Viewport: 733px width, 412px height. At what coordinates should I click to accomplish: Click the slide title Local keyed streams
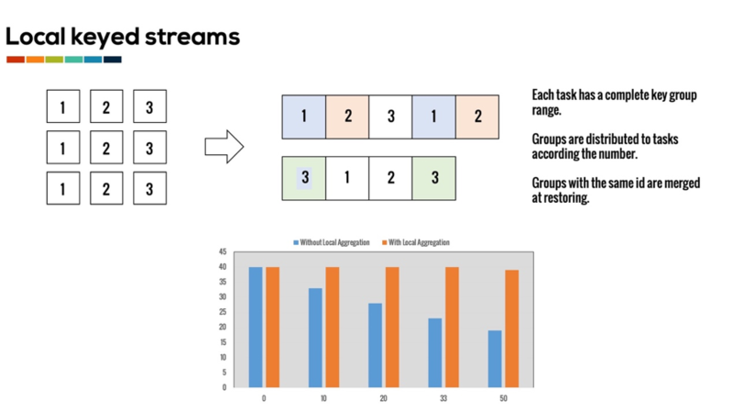pyautogui.click(x=123, y=37)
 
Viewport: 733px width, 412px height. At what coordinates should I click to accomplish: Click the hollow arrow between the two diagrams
pyautogui.click(x=224, y=145)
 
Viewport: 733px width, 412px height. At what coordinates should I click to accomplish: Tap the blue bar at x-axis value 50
pyautogui.click(x=495, y=359)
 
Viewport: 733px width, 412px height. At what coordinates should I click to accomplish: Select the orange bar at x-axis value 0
pyautogui.click(x=272, y=327)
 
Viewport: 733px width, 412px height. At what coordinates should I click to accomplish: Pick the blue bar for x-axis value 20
pyautogui.click(x=375, y=345)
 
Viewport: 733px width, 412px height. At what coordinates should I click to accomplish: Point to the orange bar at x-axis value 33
pyautogui.click(x=452, y=327)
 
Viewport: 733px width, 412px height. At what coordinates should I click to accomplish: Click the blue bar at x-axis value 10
pyautogui.click(x=315, y=338)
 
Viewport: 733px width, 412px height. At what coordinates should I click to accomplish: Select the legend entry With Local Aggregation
pyautogui.click(x=418, y=242)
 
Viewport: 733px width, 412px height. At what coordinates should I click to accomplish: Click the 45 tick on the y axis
pyautogui.click(x=223, y=251)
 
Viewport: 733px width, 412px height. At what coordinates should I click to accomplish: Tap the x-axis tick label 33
pyautogui.click(x=443, y=398)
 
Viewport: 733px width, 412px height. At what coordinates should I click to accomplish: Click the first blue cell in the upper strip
pyautogui.click(x=304, y=117)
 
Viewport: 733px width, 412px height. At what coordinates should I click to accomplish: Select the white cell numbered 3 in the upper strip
pyautogui.click(x=390, y=117)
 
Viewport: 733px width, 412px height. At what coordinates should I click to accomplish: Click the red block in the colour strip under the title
pyautogui.click(x=16, y=60)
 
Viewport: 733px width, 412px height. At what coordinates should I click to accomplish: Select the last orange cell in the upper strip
pyautogui.click(x=477, y=117)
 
